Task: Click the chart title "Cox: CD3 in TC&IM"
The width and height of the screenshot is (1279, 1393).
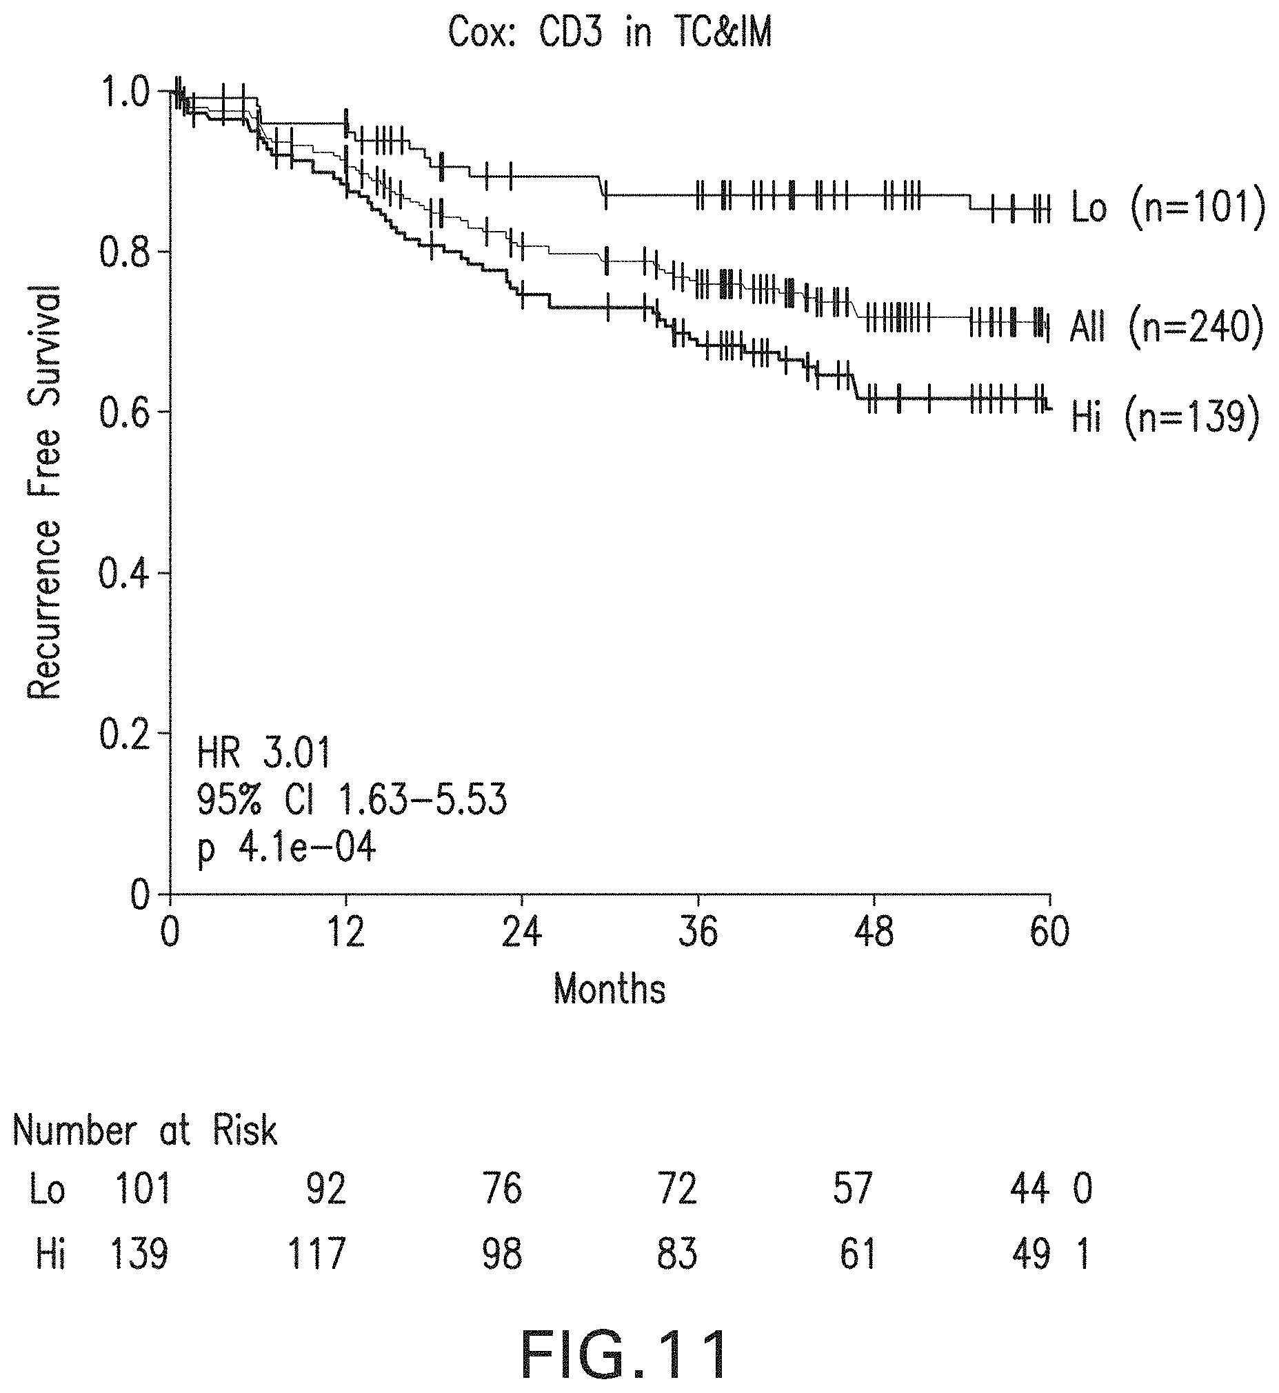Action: click(x=610, y=32)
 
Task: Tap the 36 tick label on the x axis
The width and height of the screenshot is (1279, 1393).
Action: click(x=698, y=933)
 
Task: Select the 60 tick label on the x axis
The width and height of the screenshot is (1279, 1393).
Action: click(x=1050, y=933)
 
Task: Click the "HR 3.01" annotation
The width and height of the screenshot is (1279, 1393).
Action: click(x=263, y=753)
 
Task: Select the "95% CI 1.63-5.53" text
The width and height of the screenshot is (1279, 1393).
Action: click(x=352, y=801)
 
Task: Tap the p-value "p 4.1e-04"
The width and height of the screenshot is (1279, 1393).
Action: click(x=287, y=849)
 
